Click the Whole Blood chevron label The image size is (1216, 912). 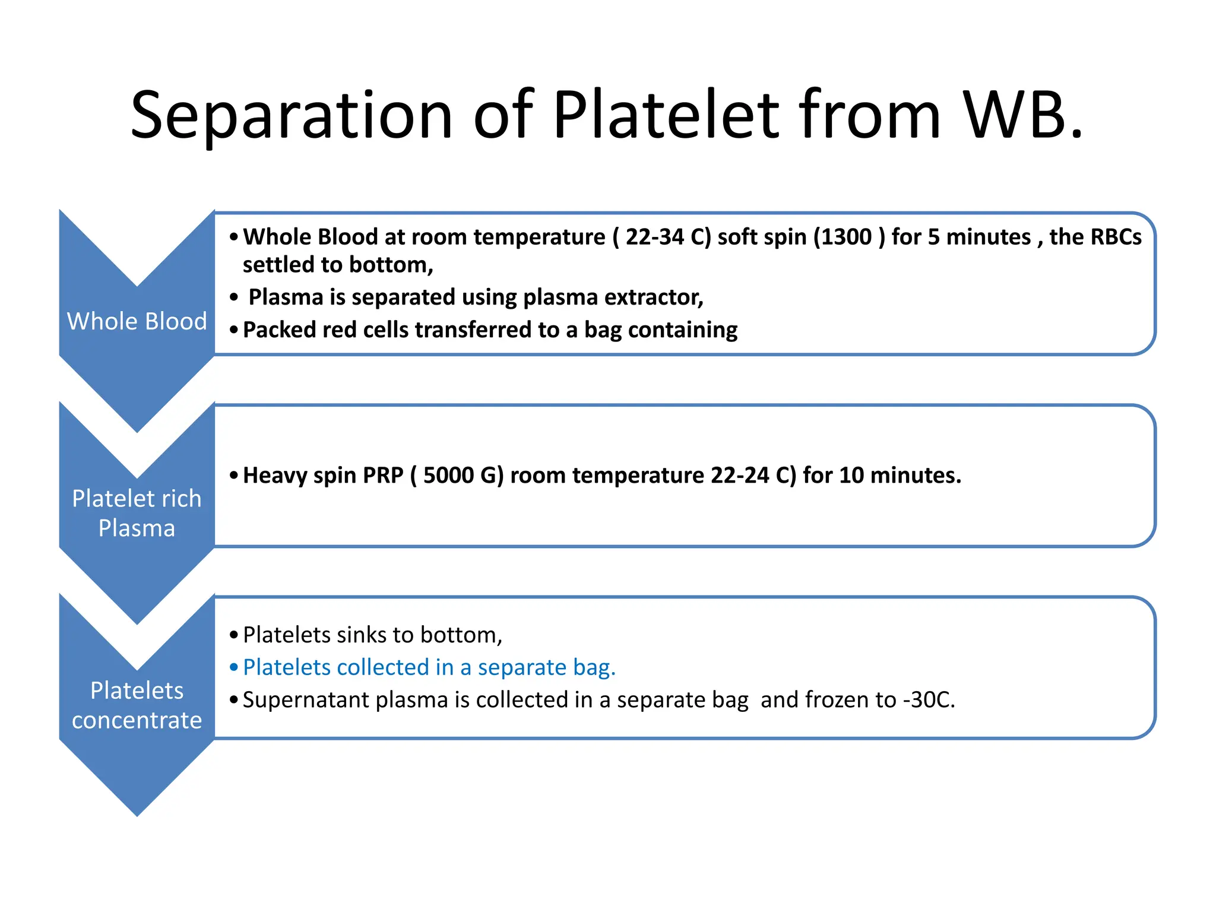click(137, 321)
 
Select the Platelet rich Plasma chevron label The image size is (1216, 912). click(137, 513)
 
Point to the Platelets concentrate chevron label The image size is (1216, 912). click(137, 705)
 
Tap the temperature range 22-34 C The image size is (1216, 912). click(665, 237)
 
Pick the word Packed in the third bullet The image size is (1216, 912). click(279, 330)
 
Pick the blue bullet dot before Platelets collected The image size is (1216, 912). click(234, 667)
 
